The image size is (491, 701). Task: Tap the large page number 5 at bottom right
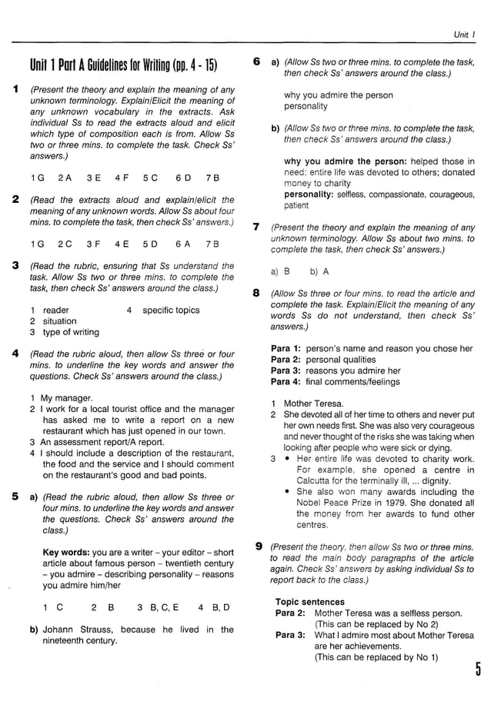[x=477, y=671]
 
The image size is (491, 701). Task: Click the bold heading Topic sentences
[x=310, y=601]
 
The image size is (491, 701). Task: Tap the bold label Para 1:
[x=286, y=348]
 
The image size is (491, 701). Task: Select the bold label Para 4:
[x=286, y=382]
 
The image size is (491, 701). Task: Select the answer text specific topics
[x=171, y=311]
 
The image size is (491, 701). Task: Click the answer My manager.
[x=66, y=398]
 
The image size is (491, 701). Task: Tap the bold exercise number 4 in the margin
[x=15, y=354]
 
